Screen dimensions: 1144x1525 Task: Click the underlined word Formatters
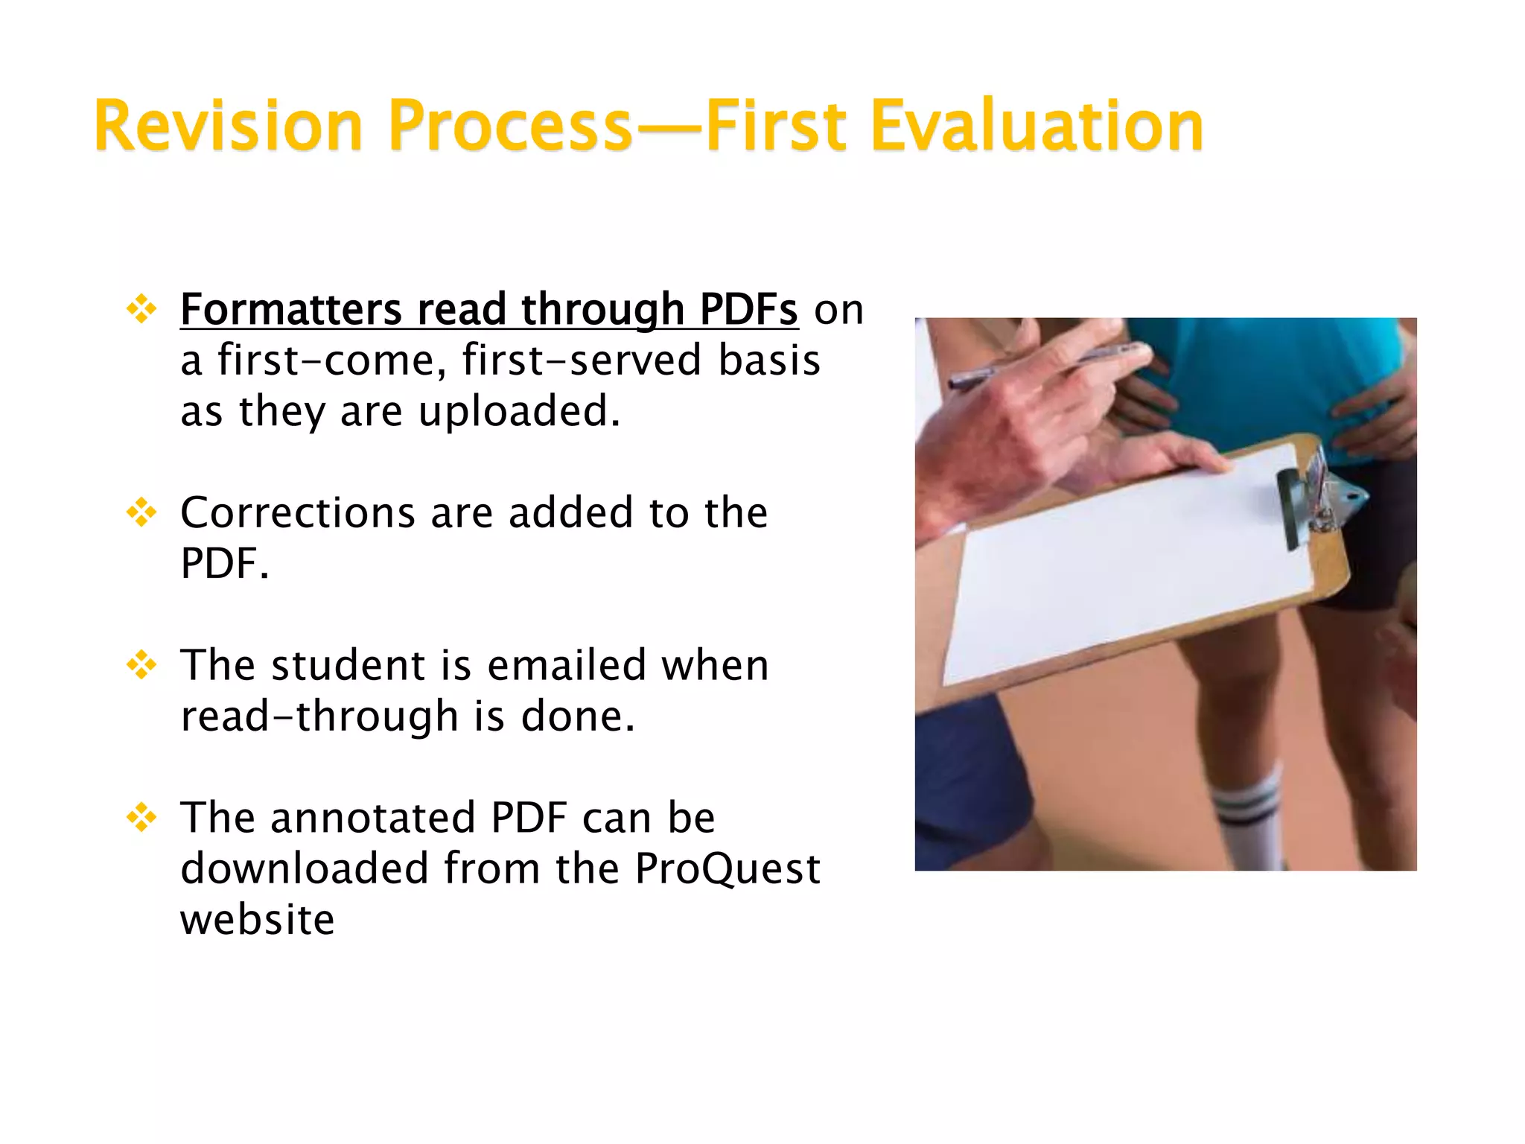click(291, 309)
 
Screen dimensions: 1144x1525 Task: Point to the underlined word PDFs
click(748, 309)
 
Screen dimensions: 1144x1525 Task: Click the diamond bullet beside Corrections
click(141, 513)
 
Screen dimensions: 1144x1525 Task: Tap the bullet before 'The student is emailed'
click(141, 665)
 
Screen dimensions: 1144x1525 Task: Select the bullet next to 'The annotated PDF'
click(141, 818)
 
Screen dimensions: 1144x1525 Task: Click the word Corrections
click(297, 513)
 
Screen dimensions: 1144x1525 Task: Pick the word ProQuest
click(727, 868)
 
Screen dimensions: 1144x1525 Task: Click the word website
click(257, 919)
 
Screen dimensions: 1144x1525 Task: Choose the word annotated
click(372, 818)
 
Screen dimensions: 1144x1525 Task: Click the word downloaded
click(305, 868)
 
